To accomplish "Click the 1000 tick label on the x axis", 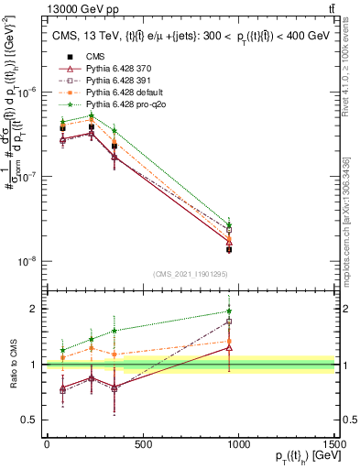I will point(238,444).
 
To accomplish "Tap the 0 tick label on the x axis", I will point(47,444).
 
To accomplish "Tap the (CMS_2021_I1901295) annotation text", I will point(191,274).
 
